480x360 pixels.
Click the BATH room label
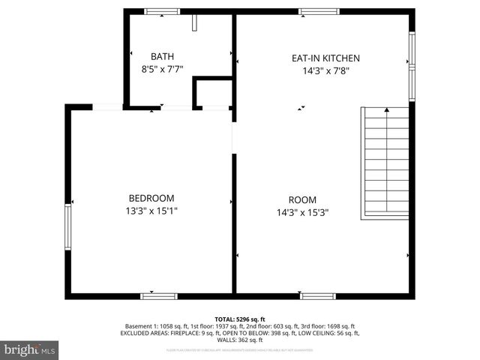click(162, 56)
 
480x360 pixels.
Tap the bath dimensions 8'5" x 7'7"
click(162, 69)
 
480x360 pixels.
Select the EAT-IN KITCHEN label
click(325, 58)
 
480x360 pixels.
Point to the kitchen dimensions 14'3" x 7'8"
click(325, 71)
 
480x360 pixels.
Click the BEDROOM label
click(151, 198)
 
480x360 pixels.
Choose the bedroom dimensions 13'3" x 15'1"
click(151, 211)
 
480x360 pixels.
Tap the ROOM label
click(302, 199)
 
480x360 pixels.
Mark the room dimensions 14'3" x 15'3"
click(302, 212)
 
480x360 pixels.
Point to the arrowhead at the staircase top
click(386, 110)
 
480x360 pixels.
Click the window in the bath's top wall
click(162, 11)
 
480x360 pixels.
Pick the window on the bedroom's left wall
click(67, 229)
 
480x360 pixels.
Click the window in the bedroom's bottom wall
click(159, 296)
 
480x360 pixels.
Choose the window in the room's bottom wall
click(318, 296)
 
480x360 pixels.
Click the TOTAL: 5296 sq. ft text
click(240, 319)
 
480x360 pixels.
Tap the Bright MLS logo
click(30, 349)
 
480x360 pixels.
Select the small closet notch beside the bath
click(212, 93)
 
